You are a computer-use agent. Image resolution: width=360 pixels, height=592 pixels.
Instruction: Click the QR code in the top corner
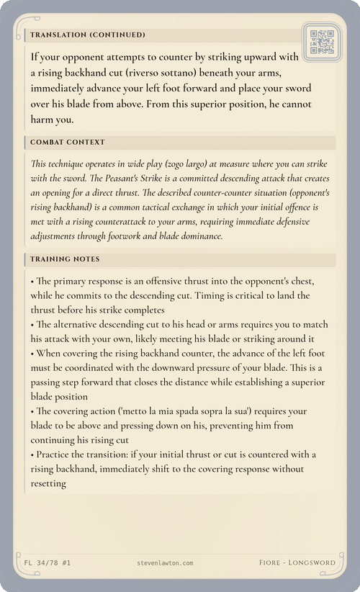321,42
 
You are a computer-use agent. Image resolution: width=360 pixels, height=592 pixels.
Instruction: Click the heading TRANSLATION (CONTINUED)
88,35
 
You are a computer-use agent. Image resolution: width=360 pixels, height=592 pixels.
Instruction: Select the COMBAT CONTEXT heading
68,142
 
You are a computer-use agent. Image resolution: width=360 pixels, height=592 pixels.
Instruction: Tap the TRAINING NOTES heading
66,259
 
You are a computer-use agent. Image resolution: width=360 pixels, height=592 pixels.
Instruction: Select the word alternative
79,324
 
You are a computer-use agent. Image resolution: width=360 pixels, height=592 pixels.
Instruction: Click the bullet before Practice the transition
32,454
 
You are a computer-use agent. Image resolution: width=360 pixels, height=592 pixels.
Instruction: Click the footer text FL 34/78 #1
42,562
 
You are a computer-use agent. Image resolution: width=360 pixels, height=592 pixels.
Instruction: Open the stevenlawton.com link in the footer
165,562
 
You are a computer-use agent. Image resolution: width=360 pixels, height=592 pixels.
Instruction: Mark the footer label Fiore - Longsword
297,562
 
